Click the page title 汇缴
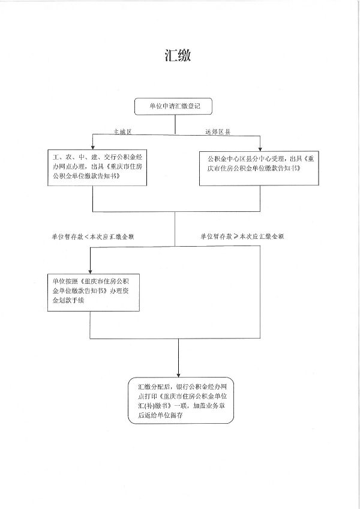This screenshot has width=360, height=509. [179, 56]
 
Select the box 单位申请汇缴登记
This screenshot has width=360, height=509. [175, 106]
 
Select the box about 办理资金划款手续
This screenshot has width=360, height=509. [90, 294]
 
